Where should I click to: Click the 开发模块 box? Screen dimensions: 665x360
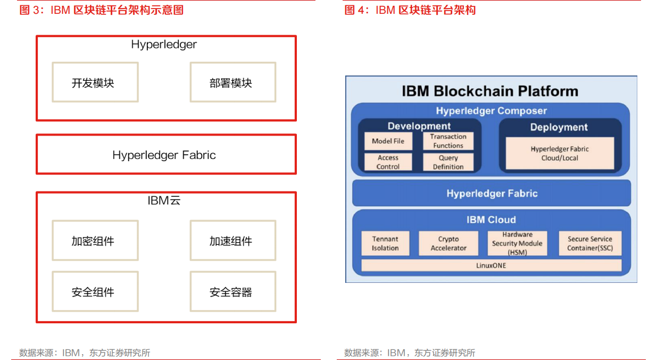click(x=95, y=82)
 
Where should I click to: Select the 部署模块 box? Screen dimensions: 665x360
click(x=233, y=82)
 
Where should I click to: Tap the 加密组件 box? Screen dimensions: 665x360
click(x=95, y=240)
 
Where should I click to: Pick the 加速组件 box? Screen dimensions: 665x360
click(x=233, y=240)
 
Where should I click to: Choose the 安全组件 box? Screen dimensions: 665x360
click(x=95, y=291)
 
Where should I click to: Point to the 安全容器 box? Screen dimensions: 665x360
click(x=233, y=291)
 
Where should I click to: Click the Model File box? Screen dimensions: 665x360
click(x=388, y=141)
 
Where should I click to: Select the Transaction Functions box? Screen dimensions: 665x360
click(x=448, y=141)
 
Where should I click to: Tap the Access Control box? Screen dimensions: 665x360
click(x=388, y=162)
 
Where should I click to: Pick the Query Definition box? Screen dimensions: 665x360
click(x=448, y=162)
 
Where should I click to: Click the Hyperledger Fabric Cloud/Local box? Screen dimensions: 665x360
click(x=560, y=153)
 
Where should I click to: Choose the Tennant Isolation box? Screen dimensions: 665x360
click(x=385, y=244)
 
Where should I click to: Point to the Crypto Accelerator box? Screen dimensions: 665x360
click(x=448, y=244)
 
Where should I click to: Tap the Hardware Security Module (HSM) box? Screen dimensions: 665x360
click(x=518, y=244)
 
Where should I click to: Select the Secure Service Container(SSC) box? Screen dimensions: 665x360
click(x=590, y=244)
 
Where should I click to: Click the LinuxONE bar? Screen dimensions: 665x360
click(x=492, y=265)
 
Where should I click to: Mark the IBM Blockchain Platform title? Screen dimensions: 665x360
click(x=490, y=91)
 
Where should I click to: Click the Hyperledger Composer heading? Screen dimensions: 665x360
click(x=492, y=111)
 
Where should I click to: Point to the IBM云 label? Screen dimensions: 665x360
click(x=164, y=200)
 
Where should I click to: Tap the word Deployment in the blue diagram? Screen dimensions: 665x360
click(x=559, y=127)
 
